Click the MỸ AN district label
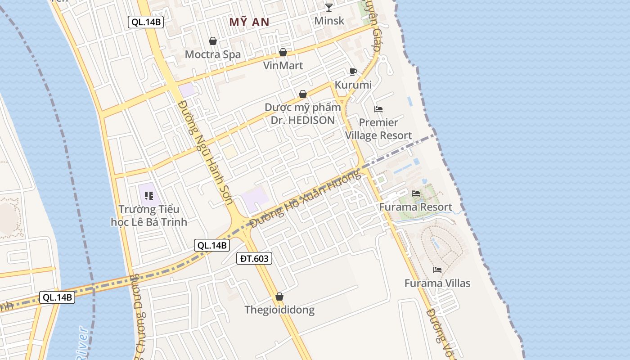(x=249, y=22)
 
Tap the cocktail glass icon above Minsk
(x=329, y=7)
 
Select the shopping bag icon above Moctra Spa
(x=213, y=41)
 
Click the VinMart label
(x=283, y=66)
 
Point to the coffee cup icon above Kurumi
(x=353, y=72)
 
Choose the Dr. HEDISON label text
(x=303, y=120)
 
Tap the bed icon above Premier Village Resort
(x=378, y=109)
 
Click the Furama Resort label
(x=416, y=207)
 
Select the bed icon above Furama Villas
(x=437, y=270)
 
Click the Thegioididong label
(x=279, y=310)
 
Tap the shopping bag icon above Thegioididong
(x=279, y=297)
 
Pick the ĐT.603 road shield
(x=254, y=258)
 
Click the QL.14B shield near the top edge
(x=145, y=22)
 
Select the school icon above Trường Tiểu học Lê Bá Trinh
(x=149, y=196)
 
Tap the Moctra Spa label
(x=213, y=54)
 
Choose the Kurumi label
(x=353, y=85)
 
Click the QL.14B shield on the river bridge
(x=57, y=297)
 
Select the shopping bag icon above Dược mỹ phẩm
(x=303, y=94)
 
